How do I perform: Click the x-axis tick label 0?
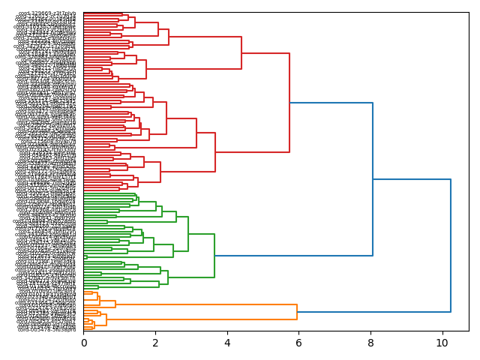pyautogui.click(x=84, y=343)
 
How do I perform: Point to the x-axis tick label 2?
pyautogui.click(x=155, y=343)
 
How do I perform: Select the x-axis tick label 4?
pyautogui.click(x=227, y=343)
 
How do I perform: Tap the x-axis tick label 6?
pyautogui.click(x=298, y=343)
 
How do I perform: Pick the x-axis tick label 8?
pyautogui.click(x=370, y=343)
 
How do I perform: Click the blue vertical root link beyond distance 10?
pyautogui.click(x=451, y=246)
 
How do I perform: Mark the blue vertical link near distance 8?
pyautogui.click(x=373, y=179)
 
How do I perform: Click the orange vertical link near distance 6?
pyautogui.click(x=297, y=311)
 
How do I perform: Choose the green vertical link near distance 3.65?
pyautogui.click(x=214, y=256)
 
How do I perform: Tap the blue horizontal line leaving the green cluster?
pyautogui.click(x=293, y=256)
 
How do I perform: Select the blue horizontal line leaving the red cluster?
pyautogui.click(x=331, y=103)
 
